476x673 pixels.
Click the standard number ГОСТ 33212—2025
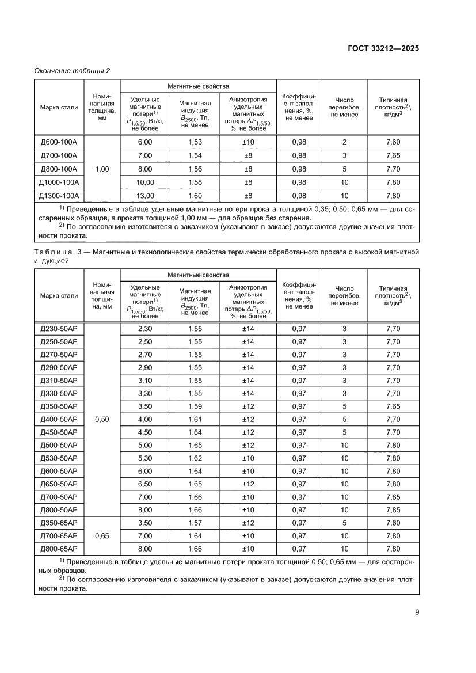pyautogui.click(x=383, y=48)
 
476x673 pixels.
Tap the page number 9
pyautogui.click(x=416, y=611)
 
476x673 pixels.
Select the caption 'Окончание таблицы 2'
pyautogui.click(x=72, y=71)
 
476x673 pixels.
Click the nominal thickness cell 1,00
pyautogui.click(x=102, y=169)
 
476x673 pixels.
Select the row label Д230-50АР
pyautogui.click(x=59, y=329)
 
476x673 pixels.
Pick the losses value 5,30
pyautogui.click(x=145, y=458)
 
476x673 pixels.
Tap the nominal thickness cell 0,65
pyautogui.click(x=102, y=536)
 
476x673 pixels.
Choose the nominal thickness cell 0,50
pyautogui.click(x=102, y=419)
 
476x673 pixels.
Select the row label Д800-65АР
pyautogui.click(x=59, y=549)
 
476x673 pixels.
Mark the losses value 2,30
pyautogui.click(x=145, y=329)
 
